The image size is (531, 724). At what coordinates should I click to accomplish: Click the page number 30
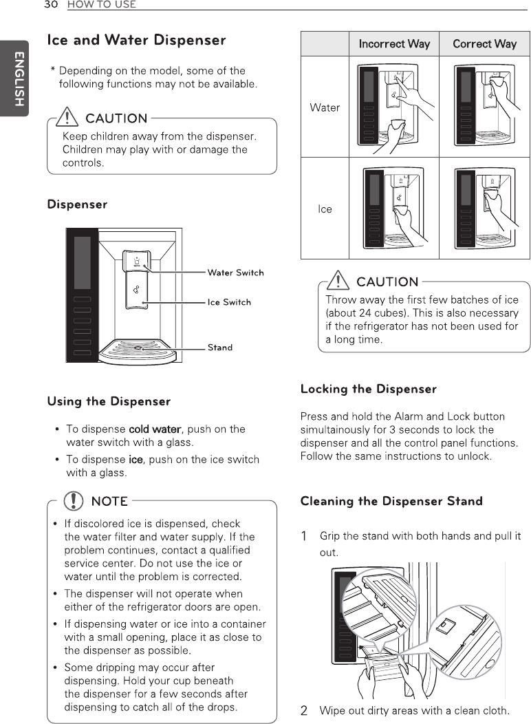point(50,5)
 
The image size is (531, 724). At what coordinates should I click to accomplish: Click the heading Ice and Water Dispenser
point(136,40)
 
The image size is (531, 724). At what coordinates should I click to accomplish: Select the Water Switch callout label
point(235,273)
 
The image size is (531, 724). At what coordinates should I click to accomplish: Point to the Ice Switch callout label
point(229,302)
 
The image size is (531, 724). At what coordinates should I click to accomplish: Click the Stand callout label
point(220,348)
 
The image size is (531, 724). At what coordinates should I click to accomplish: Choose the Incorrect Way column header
point(394,44)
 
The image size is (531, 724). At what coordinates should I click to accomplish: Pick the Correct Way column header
point(484,44)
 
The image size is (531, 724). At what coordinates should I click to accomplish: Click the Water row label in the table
point(325,107)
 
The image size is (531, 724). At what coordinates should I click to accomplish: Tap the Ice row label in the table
point(325,209)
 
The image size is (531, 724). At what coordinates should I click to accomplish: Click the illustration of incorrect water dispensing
point(393,106)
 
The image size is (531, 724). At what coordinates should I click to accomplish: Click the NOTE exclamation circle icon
point(71,500)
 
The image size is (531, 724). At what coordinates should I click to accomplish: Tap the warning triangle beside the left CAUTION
point(69,118)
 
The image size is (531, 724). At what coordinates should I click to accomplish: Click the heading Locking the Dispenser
point(368,390)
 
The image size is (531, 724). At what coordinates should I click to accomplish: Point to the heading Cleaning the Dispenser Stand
point(391,501)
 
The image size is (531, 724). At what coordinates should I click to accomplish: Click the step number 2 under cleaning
point(304,711)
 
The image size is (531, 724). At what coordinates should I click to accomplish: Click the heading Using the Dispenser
point(109,401)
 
